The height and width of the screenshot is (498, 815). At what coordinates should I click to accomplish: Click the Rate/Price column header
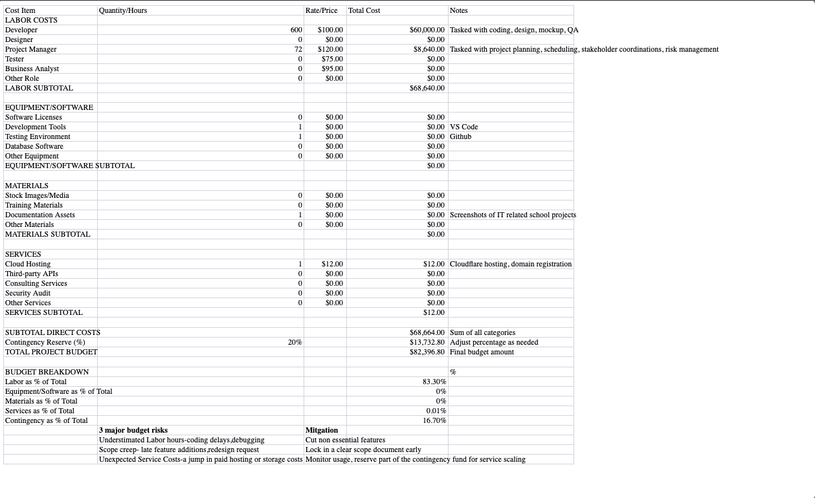321,10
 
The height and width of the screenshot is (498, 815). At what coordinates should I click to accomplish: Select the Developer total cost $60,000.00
427,30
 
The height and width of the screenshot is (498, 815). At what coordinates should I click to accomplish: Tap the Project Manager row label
30,49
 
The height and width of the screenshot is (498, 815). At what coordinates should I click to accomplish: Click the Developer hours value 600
296,30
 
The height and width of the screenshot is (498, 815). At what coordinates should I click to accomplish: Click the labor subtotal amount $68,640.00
427,88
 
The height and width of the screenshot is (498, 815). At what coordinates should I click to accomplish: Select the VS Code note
463,127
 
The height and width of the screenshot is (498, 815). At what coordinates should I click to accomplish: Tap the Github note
460,136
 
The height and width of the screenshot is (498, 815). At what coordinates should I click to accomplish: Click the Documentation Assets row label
39,215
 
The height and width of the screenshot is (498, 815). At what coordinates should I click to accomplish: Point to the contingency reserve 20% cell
295,342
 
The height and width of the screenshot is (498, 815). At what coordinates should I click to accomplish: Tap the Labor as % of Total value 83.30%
434,382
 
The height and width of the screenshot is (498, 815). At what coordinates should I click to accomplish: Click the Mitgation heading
322,430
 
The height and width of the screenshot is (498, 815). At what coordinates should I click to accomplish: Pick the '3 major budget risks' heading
133,430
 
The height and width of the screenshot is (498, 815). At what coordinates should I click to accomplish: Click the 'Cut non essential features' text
345,440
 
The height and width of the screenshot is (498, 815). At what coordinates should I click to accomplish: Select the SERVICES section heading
23,254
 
